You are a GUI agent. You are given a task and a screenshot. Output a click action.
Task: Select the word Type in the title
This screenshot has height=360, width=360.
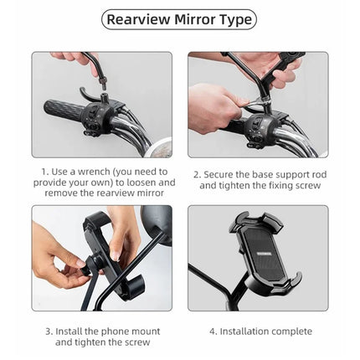tap(238, 19)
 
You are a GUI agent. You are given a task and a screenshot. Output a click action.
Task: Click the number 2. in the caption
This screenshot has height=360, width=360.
tap(197, 174)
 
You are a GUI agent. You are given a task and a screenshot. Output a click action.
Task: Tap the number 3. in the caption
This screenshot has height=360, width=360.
tap(48, 332)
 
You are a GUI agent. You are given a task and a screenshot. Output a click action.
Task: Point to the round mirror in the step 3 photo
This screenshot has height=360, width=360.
tap(155, 224)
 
